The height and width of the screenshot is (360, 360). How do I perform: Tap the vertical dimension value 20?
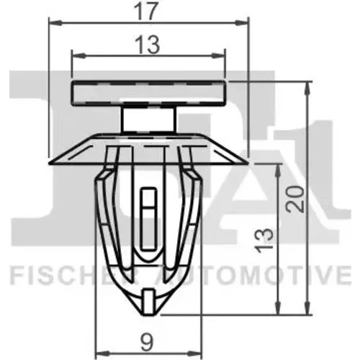(294, 199)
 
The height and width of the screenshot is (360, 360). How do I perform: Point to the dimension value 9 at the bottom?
(148, 343)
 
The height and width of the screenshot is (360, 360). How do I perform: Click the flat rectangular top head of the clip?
(149, 93)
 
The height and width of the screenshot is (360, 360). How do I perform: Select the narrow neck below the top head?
(149, 120)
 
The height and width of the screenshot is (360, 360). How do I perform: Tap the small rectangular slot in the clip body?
(148, 219)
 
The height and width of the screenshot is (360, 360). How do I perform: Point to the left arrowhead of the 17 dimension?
(55, 23)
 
